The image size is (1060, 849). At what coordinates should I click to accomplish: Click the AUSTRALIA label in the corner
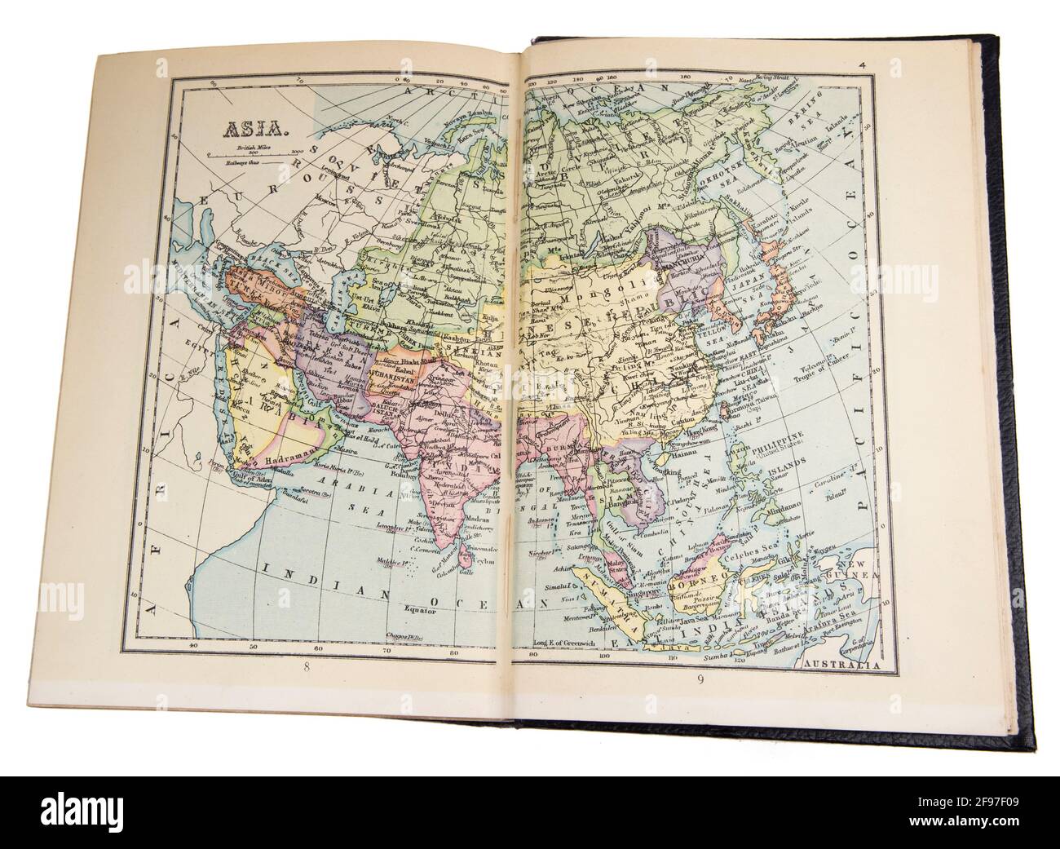(841, 665)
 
